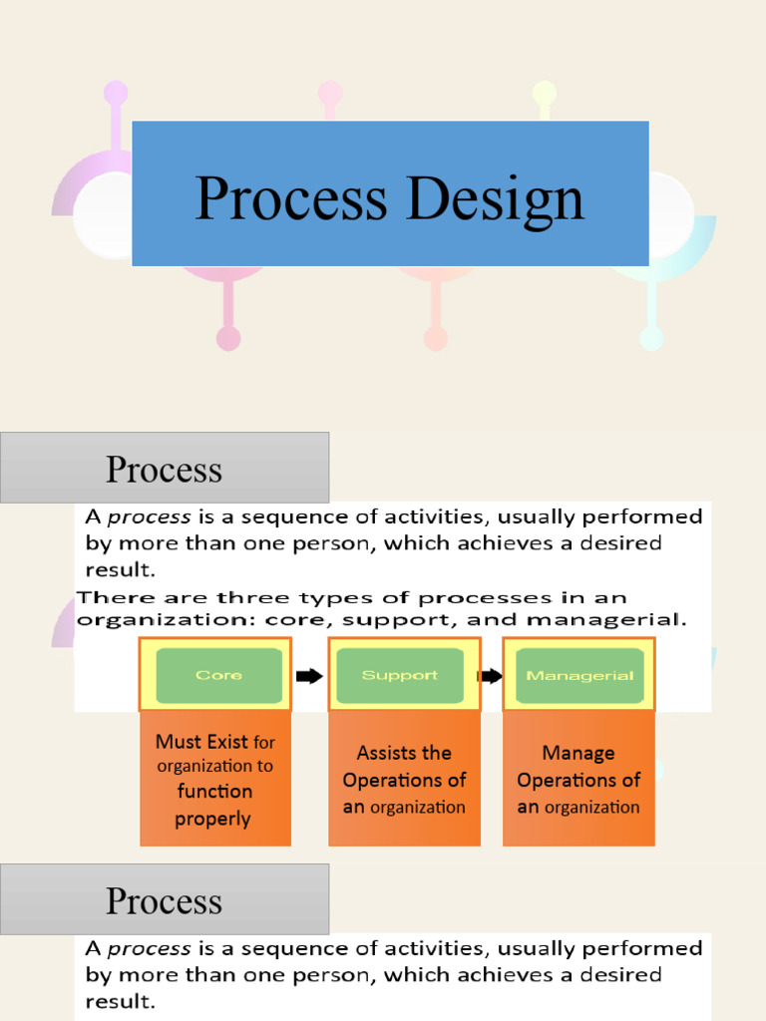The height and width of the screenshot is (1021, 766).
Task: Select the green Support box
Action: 399,675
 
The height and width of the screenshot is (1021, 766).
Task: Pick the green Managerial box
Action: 579,675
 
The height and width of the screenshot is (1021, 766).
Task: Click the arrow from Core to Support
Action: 309,676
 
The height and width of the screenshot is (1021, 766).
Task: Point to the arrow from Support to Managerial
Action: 490,676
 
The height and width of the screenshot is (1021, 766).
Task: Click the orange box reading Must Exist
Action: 215,779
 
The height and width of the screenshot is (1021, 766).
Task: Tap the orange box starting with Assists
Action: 404,779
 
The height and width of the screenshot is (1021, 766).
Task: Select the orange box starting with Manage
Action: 578,779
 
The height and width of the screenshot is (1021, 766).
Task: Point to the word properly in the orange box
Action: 212,820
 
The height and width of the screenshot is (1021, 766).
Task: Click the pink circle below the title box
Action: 228,339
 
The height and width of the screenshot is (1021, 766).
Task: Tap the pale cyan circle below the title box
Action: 651,339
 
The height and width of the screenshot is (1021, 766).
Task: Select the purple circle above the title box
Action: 116,93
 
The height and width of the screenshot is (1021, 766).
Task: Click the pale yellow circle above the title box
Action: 544,93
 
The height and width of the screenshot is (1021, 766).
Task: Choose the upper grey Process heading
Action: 165,468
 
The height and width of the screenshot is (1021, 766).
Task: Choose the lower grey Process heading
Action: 165,899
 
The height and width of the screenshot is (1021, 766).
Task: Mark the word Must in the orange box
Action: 178,742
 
